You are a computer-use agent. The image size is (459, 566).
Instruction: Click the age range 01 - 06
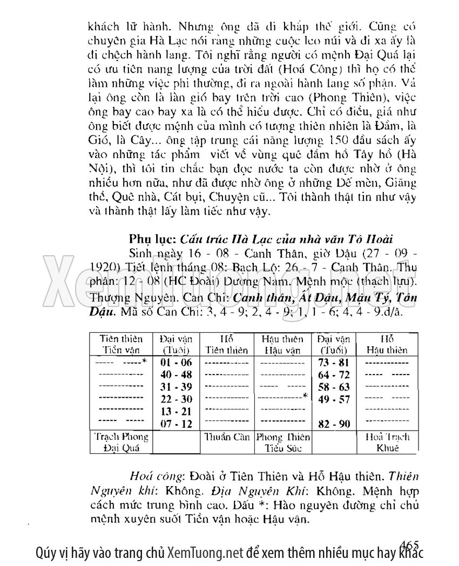click(x=177, y=362)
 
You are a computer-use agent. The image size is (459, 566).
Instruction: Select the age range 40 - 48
click(x=177, y=374)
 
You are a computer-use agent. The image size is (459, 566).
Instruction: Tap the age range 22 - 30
click(x=177, y=399)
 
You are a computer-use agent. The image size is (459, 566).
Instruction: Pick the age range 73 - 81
click(x=334, y=362)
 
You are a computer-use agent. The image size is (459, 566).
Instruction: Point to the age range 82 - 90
click(x=334, y=424)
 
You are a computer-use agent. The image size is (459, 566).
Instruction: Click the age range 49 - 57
click(x=334, y=399)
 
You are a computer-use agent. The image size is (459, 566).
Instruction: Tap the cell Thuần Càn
click(x=226, y=437)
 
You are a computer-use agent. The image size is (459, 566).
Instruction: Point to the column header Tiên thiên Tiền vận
click(x=122, y=344)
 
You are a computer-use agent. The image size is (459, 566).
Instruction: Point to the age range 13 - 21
click(x=177, y=412)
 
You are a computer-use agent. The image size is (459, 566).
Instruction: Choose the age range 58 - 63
click(x=334, y=387)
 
